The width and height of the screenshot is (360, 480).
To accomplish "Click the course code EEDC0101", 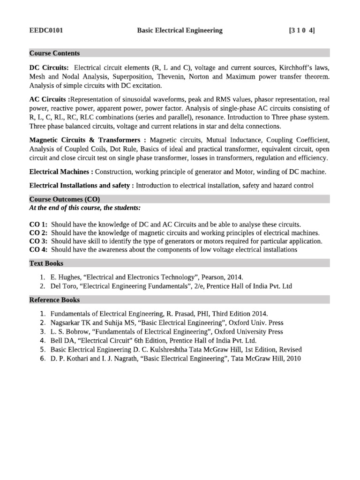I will [x=46, y=31].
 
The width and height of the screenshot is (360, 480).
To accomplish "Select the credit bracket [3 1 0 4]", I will [x=302, y=31].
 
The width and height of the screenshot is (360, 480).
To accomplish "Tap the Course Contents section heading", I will [x=54, y=53].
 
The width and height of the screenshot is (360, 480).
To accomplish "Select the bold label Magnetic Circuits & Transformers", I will [x=87, y=140].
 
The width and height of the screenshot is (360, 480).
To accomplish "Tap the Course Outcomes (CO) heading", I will [x=64, y=199].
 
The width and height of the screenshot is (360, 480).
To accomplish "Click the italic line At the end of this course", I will [x=85, y=208].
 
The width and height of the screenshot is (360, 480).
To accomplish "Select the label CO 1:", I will [x=38, y=225].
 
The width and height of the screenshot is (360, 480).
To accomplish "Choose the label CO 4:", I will [x=38, y=250].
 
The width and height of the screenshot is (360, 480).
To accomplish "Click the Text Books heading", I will [x=46, y=263].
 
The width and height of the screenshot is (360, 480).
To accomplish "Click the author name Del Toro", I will [x=64, y=286].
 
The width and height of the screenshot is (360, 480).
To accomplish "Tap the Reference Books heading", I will [x=54, y=300].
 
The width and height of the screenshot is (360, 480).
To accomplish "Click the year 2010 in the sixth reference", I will [x=292, y=359].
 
